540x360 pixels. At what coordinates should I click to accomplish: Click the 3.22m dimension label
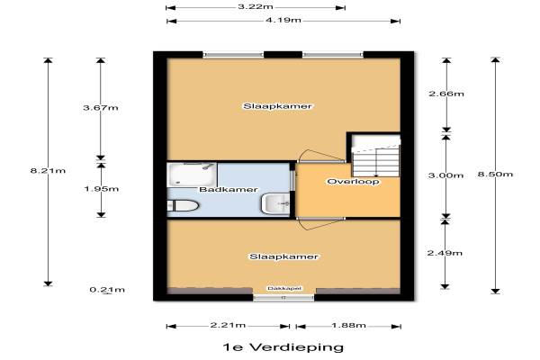click(256, 7)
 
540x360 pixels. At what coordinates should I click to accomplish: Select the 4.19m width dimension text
click(283, 21)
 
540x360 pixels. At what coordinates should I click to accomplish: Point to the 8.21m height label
click(48, 170)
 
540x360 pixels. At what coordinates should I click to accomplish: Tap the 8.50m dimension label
click(495, 174)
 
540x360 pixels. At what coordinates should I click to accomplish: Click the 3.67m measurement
click(101, 108)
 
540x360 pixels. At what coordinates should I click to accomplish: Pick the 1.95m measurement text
click(101, 189)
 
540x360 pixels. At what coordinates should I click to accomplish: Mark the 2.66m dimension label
click(446, 94)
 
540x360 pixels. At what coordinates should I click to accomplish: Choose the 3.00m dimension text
click(445, 175)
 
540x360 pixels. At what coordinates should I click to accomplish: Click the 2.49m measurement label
click(445, 253)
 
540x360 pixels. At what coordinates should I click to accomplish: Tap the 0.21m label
click(107, 290)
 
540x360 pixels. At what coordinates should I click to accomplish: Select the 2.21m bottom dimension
click(228, 325)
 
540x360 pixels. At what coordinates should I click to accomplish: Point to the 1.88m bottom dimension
click(348, 325)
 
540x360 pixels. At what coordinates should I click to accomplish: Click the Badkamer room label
click(229, 190)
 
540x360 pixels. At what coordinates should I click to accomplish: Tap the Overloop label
click(354, 182)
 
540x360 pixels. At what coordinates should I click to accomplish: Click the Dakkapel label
click(284, 288)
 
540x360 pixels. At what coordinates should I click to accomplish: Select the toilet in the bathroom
click(183, 206)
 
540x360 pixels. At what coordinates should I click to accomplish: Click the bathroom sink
click(275, 203)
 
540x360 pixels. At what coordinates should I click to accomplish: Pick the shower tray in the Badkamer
click(192, 175)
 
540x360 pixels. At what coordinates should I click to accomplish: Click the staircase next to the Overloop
click(375, 157)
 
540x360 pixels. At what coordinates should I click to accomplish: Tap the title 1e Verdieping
click(283, 346)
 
